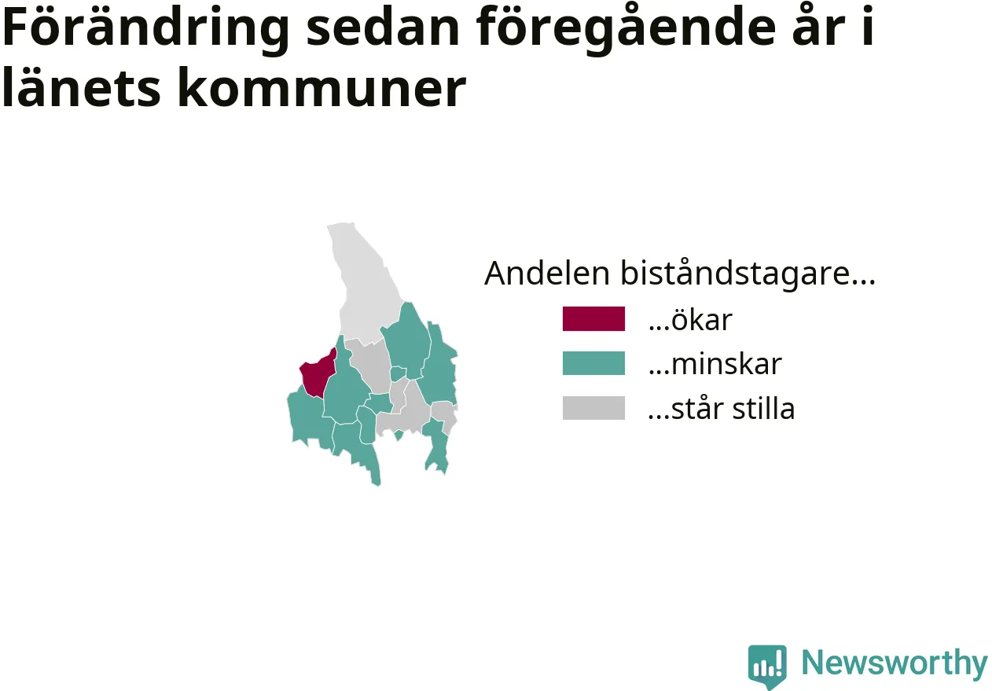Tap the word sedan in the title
point(383,28)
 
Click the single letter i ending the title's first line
point(868,26)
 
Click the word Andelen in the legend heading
point(547,273)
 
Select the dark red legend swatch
point(593,318)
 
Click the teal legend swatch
point(593,363)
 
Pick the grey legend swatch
point(593,407)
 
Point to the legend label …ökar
point(690,319)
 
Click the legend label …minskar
point(715,364)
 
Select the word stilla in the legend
point(763,407)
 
